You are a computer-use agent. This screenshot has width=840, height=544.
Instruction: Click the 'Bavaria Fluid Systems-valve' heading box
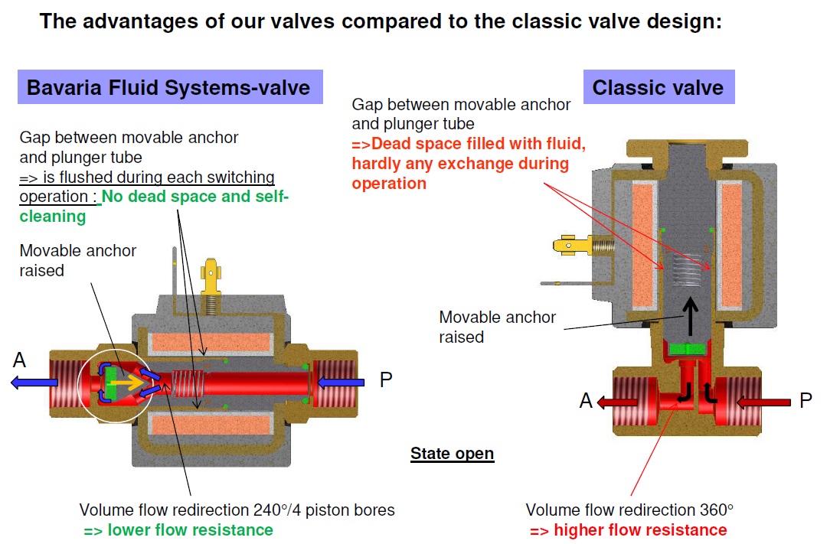(169, 87)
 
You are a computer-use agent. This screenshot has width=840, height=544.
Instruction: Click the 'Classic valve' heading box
(658, 87)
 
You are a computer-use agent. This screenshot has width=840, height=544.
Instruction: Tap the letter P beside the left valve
(387, 380)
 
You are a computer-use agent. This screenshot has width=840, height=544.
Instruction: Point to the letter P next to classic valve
(806, 400)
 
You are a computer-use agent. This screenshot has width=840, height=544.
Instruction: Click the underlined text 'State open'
(452, 454)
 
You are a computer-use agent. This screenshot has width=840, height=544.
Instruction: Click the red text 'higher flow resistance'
(628, 530)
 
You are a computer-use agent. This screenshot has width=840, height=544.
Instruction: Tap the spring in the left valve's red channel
(187, 381)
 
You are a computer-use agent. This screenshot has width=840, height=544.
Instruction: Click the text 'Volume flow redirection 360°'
(629, 510)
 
